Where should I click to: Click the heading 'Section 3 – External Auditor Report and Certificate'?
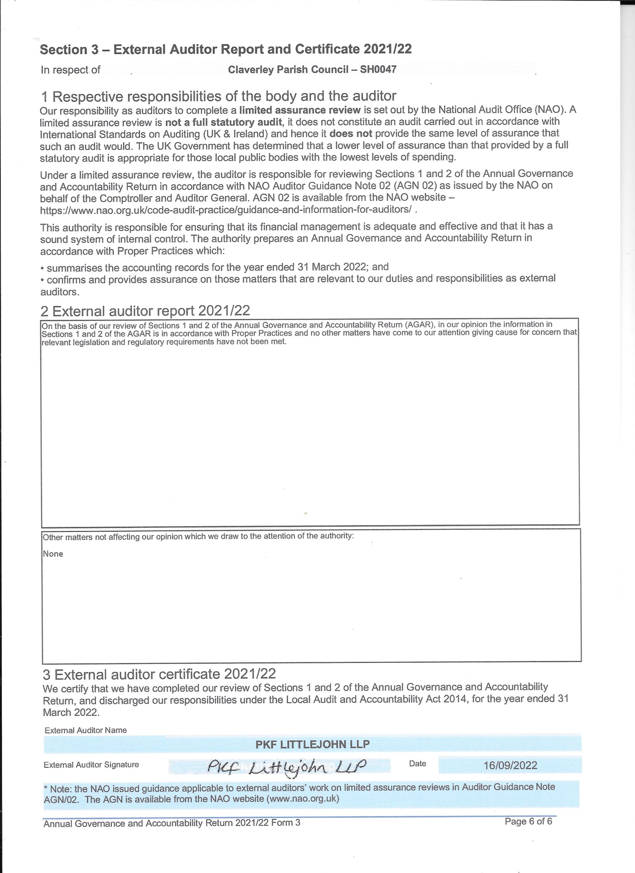226,49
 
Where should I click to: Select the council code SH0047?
378,70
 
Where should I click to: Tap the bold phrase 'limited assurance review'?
300,110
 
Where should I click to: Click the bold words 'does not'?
351,134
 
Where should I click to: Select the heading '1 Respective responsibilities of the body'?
218,96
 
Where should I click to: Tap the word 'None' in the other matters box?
53,554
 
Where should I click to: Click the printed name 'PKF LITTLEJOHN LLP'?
312,744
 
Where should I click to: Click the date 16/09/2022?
510,765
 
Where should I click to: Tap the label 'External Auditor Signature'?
91,765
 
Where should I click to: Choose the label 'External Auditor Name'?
86,730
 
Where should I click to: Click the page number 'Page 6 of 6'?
528,822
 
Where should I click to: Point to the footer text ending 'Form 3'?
172,823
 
